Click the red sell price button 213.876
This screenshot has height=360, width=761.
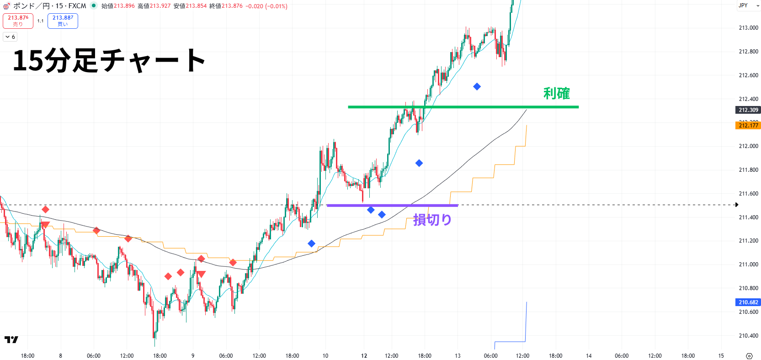18,21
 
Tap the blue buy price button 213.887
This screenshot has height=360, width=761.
63,21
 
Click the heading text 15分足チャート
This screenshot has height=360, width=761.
109,60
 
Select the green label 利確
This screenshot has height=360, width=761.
556,94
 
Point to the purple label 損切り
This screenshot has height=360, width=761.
432,220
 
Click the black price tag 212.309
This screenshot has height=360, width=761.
748,110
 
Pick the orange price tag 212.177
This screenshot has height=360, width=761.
748,125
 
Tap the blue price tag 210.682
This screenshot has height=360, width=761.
748,302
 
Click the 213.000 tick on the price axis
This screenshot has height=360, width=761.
748,28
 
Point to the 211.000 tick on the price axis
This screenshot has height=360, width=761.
748,265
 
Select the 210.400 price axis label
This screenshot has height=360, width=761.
748,336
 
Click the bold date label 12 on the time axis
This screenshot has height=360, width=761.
364,356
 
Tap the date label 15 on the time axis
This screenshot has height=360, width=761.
721,356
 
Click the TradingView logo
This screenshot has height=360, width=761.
11,339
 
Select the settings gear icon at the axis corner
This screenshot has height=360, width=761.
749,356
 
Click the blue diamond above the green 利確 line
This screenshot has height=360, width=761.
477,86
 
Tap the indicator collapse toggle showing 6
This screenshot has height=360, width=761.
10,37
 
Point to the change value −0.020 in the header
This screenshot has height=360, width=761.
254,6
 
